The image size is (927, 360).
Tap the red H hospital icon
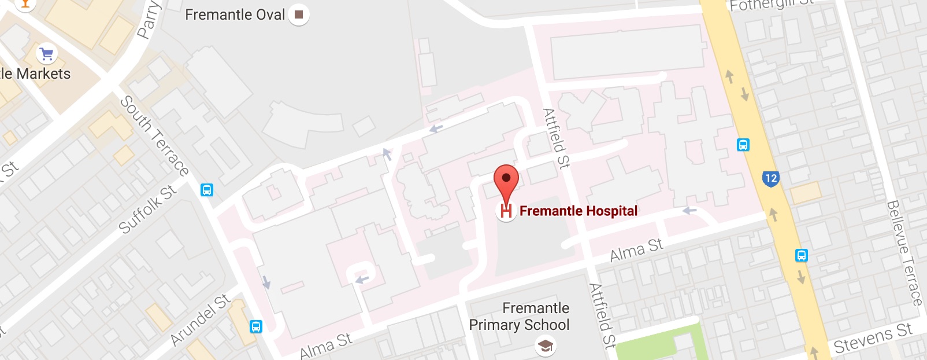(x=506, y=211)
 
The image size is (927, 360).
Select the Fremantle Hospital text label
(x=579, y=211)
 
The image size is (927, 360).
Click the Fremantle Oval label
(x=235, y=14)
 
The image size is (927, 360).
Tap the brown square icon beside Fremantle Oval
(x=299, y=14)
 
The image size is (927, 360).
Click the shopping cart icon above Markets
(x=47, y=54)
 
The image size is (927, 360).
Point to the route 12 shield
(x=770, y=178)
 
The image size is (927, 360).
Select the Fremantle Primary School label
(x=520, y=317)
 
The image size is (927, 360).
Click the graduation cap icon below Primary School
(x=545, y=346)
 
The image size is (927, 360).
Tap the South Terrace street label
(x=154, y=136)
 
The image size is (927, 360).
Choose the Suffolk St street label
(x=147, y=210)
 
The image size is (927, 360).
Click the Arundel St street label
(x=201, y=319)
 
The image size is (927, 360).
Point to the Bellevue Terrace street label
(x=904, y=252)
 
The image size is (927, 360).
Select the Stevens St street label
(x=873, y=339)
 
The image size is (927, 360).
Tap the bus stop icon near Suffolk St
(x=206, y=190)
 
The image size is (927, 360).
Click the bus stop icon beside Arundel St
(x=256, y=326)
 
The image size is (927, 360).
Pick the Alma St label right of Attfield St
(x=636, y=250)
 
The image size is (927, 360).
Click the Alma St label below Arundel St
(x=326, y=346)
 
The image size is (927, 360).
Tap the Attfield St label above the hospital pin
(x=556, y=138)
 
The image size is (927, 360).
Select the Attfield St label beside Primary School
(x=601, y=315)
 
